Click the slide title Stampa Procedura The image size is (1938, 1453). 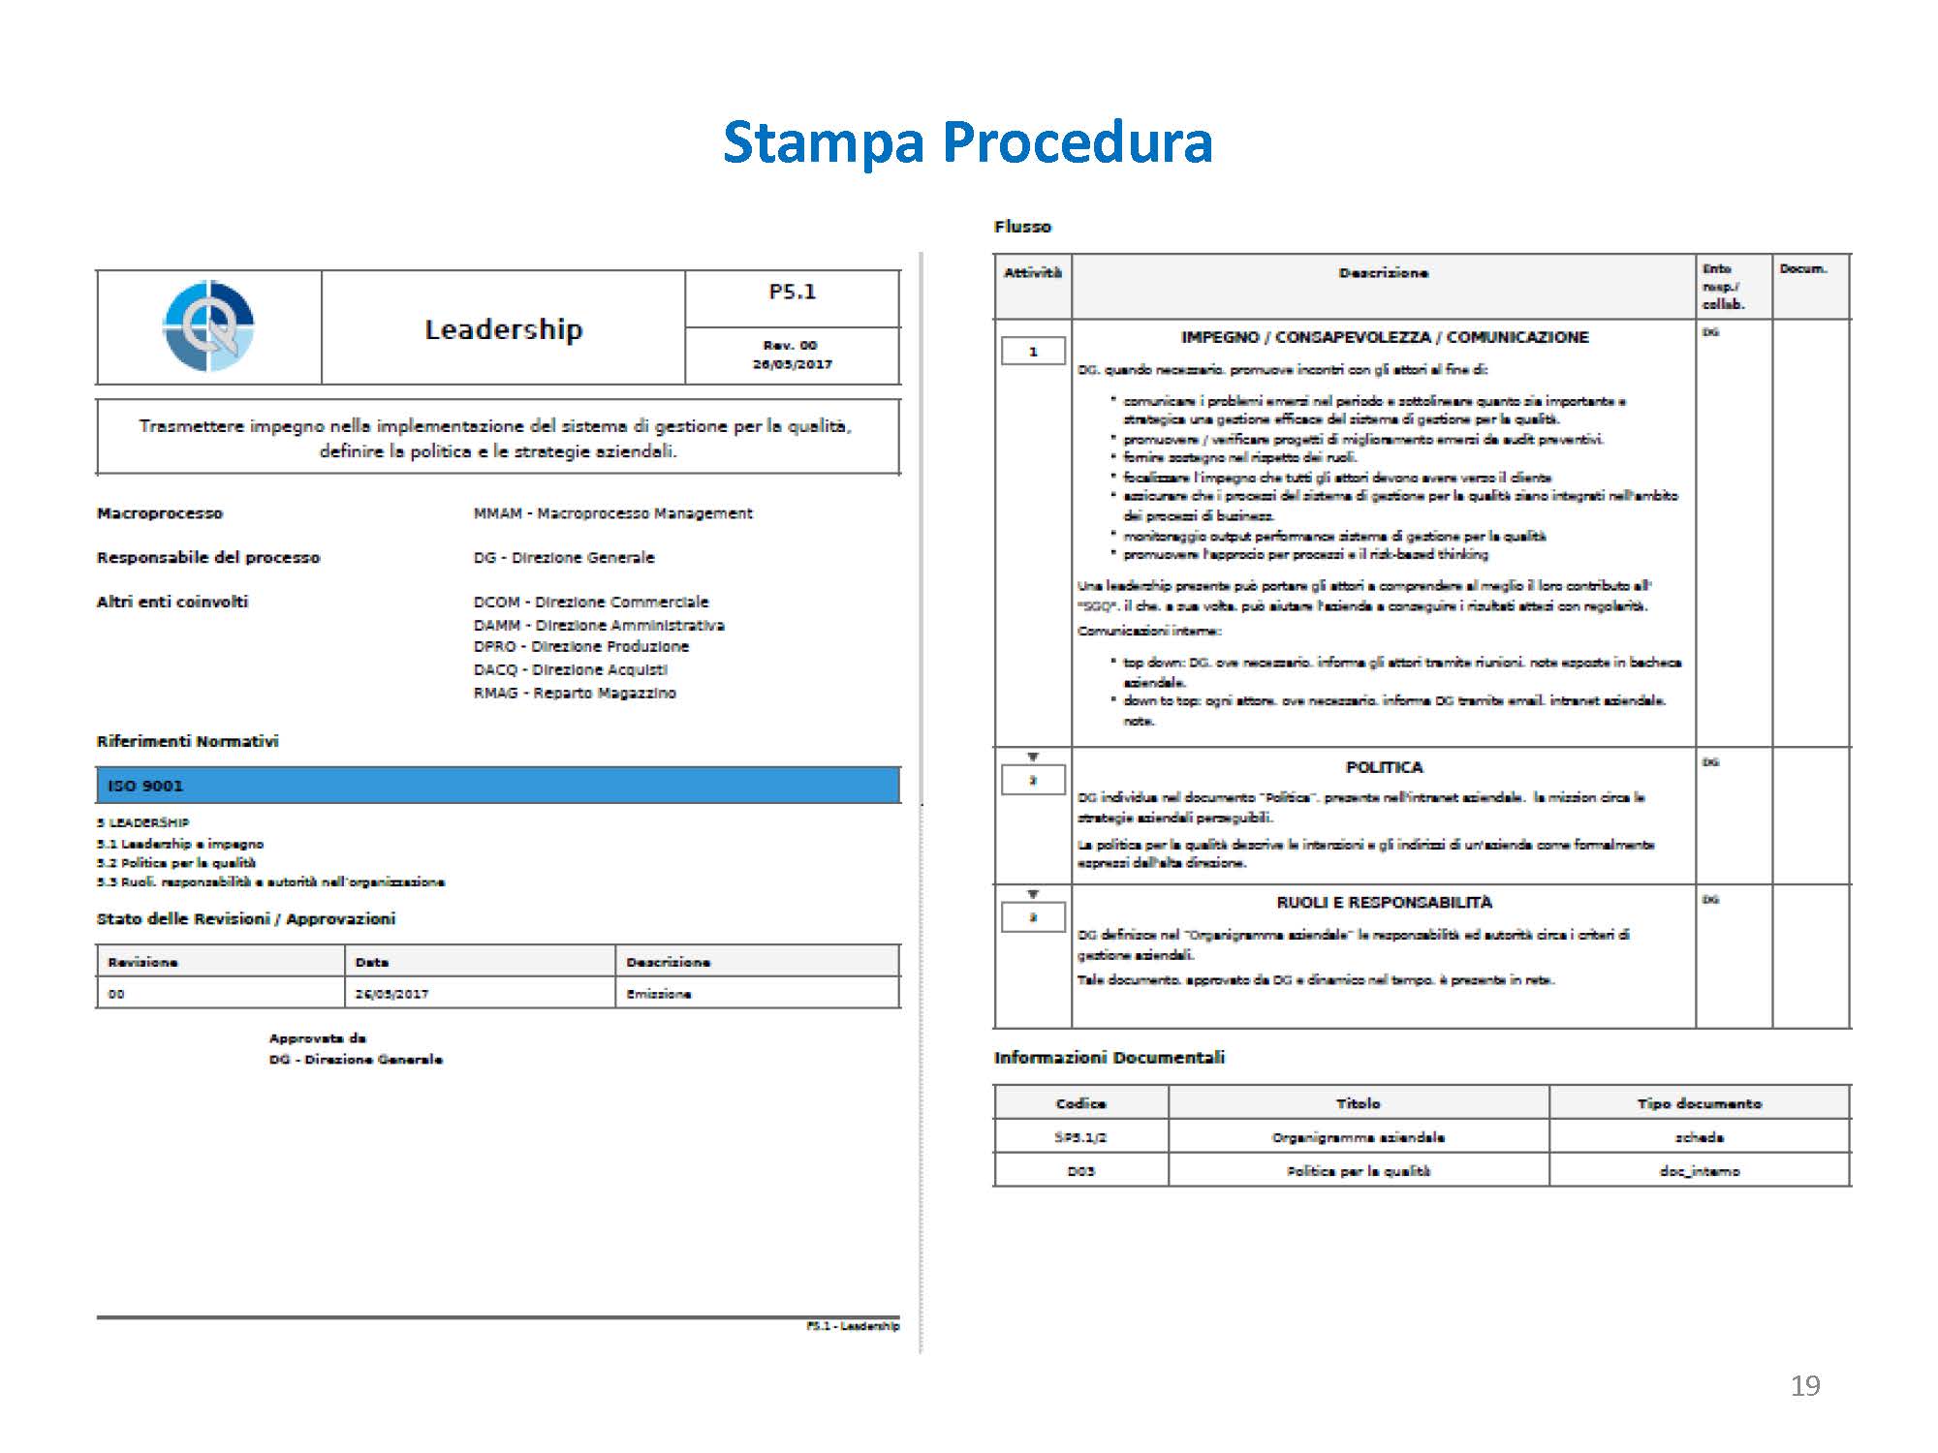click(967, 142)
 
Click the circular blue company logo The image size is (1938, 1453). click(208, 326)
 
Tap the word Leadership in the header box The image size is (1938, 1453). click(503, 329)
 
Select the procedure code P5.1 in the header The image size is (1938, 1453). click(792, 292)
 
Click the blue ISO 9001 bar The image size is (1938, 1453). click(497, 786)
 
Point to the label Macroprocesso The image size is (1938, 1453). click(160, 513)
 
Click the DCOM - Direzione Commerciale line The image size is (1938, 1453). click(591, 602)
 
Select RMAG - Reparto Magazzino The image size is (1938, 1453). click(575, 693)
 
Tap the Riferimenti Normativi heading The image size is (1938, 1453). click(187, 741)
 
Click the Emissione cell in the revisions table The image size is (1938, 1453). click(659, 994)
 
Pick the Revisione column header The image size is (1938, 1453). click(142, 962)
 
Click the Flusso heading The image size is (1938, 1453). click(1022, 227)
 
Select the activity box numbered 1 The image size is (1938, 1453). click(1033, 351)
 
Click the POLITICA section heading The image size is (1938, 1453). click(1384, 767)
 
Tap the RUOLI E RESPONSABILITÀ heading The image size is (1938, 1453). click(1384, 902)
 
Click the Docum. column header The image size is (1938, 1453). click(1802, 269)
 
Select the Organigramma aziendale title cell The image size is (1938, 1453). click(1358, 1137)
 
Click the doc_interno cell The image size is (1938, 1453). click(1699, 1171)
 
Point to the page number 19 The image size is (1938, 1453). click(1804, 1386)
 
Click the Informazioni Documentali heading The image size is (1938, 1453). click(1109, 1058)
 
